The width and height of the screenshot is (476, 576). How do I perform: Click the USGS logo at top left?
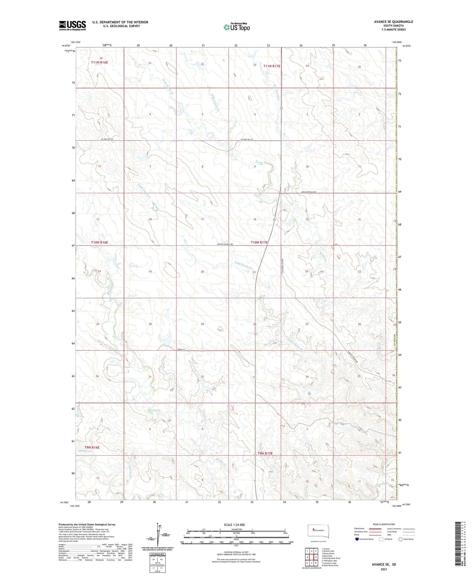[72, 25]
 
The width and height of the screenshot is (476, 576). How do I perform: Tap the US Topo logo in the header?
[237, 27]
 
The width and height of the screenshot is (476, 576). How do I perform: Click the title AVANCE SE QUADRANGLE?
[393, 22]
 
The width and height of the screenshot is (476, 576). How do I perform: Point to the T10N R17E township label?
[259, 242]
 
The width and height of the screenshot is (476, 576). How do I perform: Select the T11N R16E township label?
[99, 63]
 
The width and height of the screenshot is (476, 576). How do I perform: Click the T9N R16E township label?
[92, 447]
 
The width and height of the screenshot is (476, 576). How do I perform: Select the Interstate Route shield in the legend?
[357, 539]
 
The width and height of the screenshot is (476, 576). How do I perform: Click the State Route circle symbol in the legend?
[400, 539]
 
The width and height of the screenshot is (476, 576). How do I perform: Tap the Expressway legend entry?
[360, 529]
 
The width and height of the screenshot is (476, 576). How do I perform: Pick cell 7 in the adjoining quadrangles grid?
[312, 563]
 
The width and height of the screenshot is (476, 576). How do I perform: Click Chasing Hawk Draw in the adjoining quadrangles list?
[331, 558]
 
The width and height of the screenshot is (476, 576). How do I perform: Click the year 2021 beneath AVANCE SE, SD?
[384, 569]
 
